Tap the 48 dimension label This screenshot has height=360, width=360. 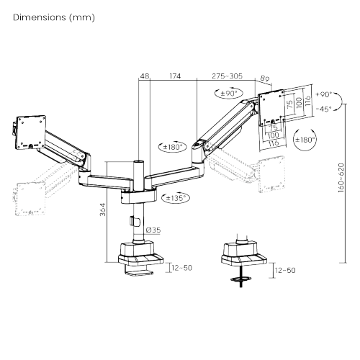144,76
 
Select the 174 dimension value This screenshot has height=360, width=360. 174,76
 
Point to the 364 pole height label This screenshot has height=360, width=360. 102,210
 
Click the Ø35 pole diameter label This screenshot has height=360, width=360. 152,230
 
